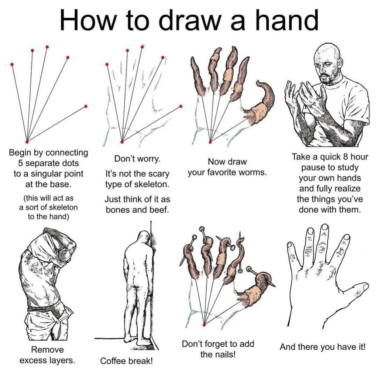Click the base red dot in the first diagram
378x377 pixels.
[x=27, y=142]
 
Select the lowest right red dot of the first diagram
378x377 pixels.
[x=86, y=106]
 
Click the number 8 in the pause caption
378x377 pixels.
[x=346, y=157]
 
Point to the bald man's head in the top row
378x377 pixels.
[x=329, y=60]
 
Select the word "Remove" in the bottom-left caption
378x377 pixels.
[x=48, y=350]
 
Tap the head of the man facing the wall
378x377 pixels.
[x=144, y=238]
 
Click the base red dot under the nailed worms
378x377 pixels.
[x=205, y=325]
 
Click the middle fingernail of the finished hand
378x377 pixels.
[x=325, y=227]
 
